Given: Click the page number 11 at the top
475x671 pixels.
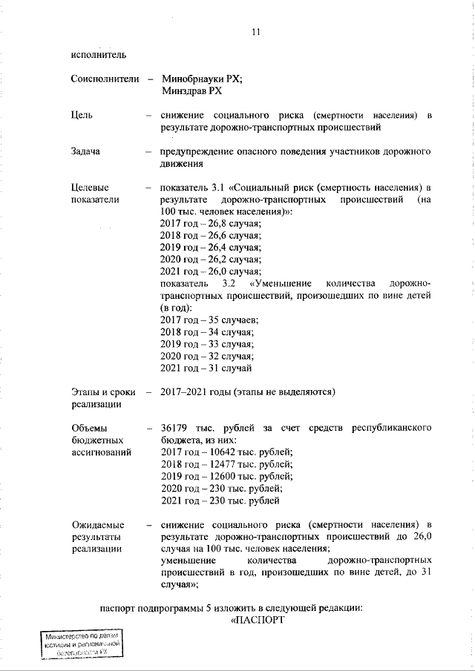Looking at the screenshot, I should pyautogui.click(x=257, y=32).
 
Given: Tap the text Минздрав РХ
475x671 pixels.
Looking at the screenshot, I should pyautogui.click(x=191, y=91).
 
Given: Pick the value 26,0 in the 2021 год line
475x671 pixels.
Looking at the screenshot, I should pyautogui.click(x=216, y=271).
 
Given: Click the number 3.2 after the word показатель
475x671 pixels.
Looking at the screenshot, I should pyautogui.click(x=229, y=283).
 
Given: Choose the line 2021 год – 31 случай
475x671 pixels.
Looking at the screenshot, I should pyautogui.click(x=206, y=367).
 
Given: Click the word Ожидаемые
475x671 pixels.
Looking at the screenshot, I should pyautogui.click(x=97, y=525).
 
